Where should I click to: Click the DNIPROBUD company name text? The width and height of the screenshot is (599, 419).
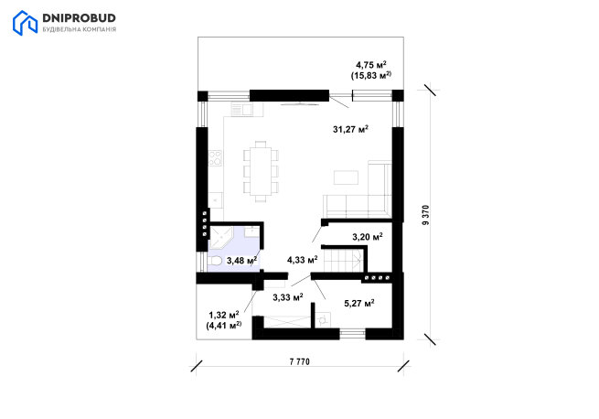(79, 18)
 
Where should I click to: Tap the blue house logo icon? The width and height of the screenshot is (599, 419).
(25, 23)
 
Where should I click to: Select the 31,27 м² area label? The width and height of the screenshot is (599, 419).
(350, 129)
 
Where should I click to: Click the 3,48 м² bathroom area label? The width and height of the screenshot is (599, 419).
(241, 261)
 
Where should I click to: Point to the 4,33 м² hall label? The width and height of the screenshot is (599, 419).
(302, 260)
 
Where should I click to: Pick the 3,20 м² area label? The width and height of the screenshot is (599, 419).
(368, 237)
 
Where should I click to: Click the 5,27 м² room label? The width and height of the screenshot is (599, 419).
(359, 303)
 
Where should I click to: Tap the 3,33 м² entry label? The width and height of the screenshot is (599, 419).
(288, 296)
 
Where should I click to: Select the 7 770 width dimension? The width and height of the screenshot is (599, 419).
(300, 361)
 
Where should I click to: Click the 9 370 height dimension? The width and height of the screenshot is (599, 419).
(426, 215)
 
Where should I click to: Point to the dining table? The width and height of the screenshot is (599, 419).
(261, 171)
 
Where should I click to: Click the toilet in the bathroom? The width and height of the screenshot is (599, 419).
(215, 261)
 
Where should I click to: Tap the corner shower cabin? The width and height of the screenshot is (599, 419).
(221, 238)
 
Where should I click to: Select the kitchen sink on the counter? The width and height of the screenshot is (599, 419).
(241, 110)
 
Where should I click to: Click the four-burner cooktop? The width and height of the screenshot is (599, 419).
(215, 158)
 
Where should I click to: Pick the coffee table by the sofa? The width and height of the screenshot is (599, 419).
(346, 177)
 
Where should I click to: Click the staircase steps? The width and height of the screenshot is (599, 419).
(343, 261)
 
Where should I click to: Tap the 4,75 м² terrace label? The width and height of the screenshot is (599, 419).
(371, 65)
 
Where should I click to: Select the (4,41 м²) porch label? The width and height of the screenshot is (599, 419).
(224, 326)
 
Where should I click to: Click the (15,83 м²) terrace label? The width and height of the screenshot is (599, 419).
(371, 75)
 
